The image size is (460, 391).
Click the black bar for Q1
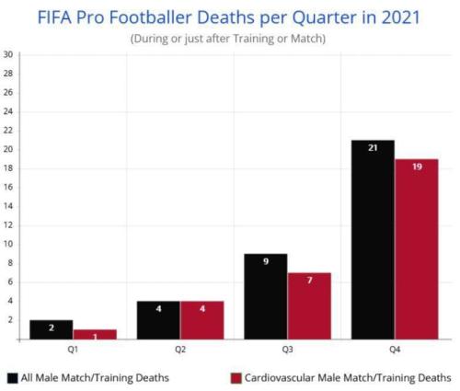[x=52, y=329]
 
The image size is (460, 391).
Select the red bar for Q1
[x=96, y=334]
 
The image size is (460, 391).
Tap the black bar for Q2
[x=158, y=320]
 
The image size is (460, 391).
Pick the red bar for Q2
[x=201, y=320]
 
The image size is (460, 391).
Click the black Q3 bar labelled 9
[x=265, y=296]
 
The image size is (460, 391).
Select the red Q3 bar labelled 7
[x=309, y=305]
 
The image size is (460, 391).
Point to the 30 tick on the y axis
[x=8, y=54]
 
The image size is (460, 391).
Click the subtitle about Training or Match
[x=229, y=38]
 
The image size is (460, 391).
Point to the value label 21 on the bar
[x=373, y=147]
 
